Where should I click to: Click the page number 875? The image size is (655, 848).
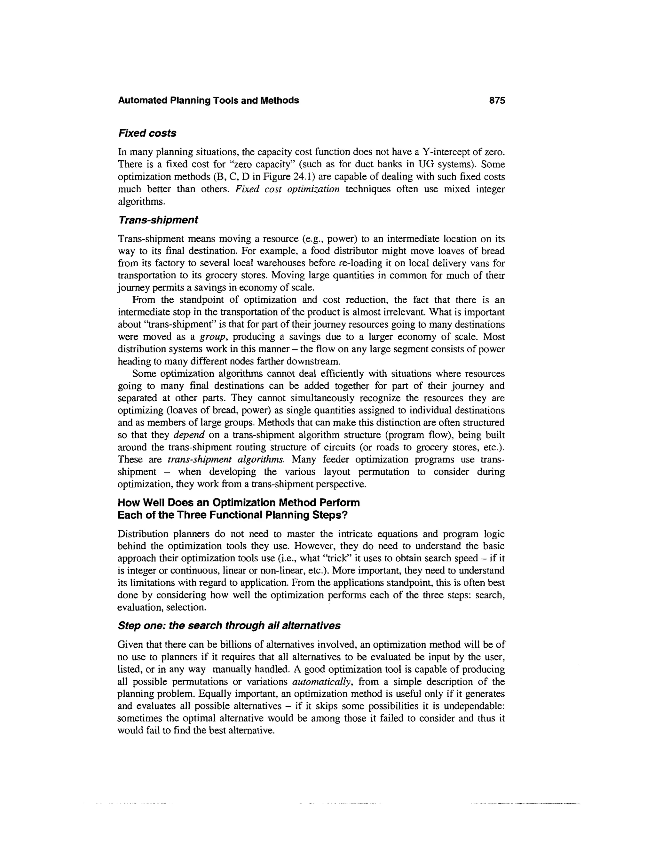pos(497,100)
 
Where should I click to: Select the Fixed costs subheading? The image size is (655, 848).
pos(147,133)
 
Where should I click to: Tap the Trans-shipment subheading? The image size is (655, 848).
pos(158,220)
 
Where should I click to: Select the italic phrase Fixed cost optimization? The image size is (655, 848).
pos(287,189)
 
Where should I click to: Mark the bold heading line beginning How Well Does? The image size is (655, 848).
pos(238,502)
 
